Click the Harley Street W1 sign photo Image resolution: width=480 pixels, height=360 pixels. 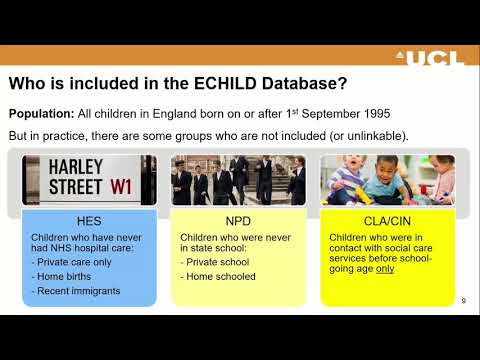(x=89, y=179)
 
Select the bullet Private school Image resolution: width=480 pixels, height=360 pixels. (x=221, y=262)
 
